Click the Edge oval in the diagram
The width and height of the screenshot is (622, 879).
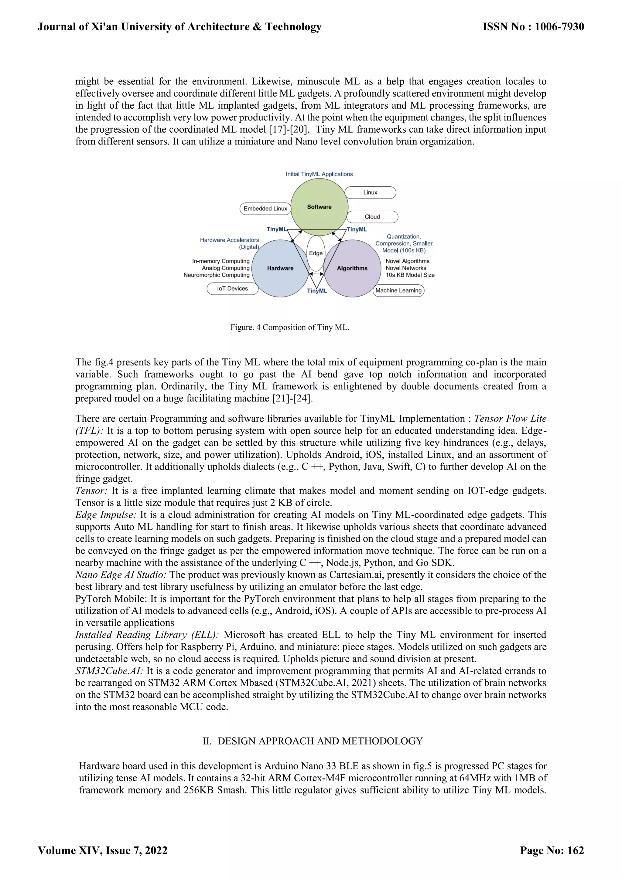(316, 253)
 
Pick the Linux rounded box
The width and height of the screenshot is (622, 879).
(370, 192)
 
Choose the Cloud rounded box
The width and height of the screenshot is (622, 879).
(372, 217)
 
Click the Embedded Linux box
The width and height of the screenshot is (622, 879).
(265, 209)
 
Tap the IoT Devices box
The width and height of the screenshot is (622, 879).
(232, 289)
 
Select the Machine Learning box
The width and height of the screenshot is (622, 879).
(398, 290)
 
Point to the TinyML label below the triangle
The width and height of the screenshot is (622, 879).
(317, 291)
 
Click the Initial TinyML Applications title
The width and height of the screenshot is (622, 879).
(319, 174)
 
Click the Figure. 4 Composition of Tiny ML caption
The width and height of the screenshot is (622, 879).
(289, 327)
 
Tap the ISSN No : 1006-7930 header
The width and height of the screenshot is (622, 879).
(533, 27)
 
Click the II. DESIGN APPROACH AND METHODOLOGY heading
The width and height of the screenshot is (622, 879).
(313, 741)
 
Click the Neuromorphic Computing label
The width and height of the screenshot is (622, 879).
(217, 275)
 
